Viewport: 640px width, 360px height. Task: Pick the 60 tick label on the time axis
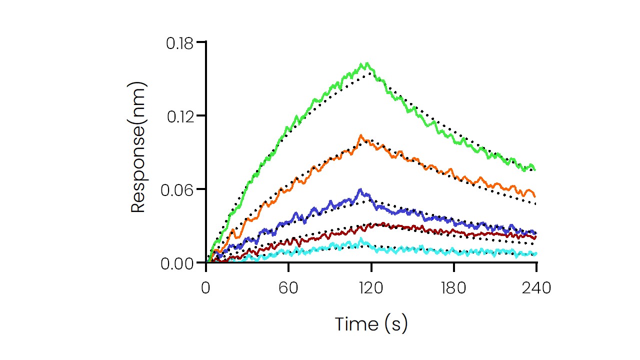[288, 288]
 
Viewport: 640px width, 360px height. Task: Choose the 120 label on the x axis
[371, 288]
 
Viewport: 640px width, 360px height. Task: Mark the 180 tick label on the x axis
[453, 288]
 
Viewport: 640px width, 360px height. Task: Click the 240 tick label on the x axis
[536, 288]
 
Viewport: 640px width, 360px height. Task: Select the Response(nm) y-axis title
[138, 148]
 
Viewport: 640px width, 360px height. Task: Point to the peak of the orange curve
[360, 135]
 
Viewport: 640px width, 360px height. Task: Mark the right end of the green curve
[535, 169]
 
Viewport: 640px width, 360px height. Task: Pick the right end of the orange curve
[535, 195]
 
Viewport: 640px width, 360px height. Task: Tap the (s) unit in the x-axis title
[397, 324]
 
